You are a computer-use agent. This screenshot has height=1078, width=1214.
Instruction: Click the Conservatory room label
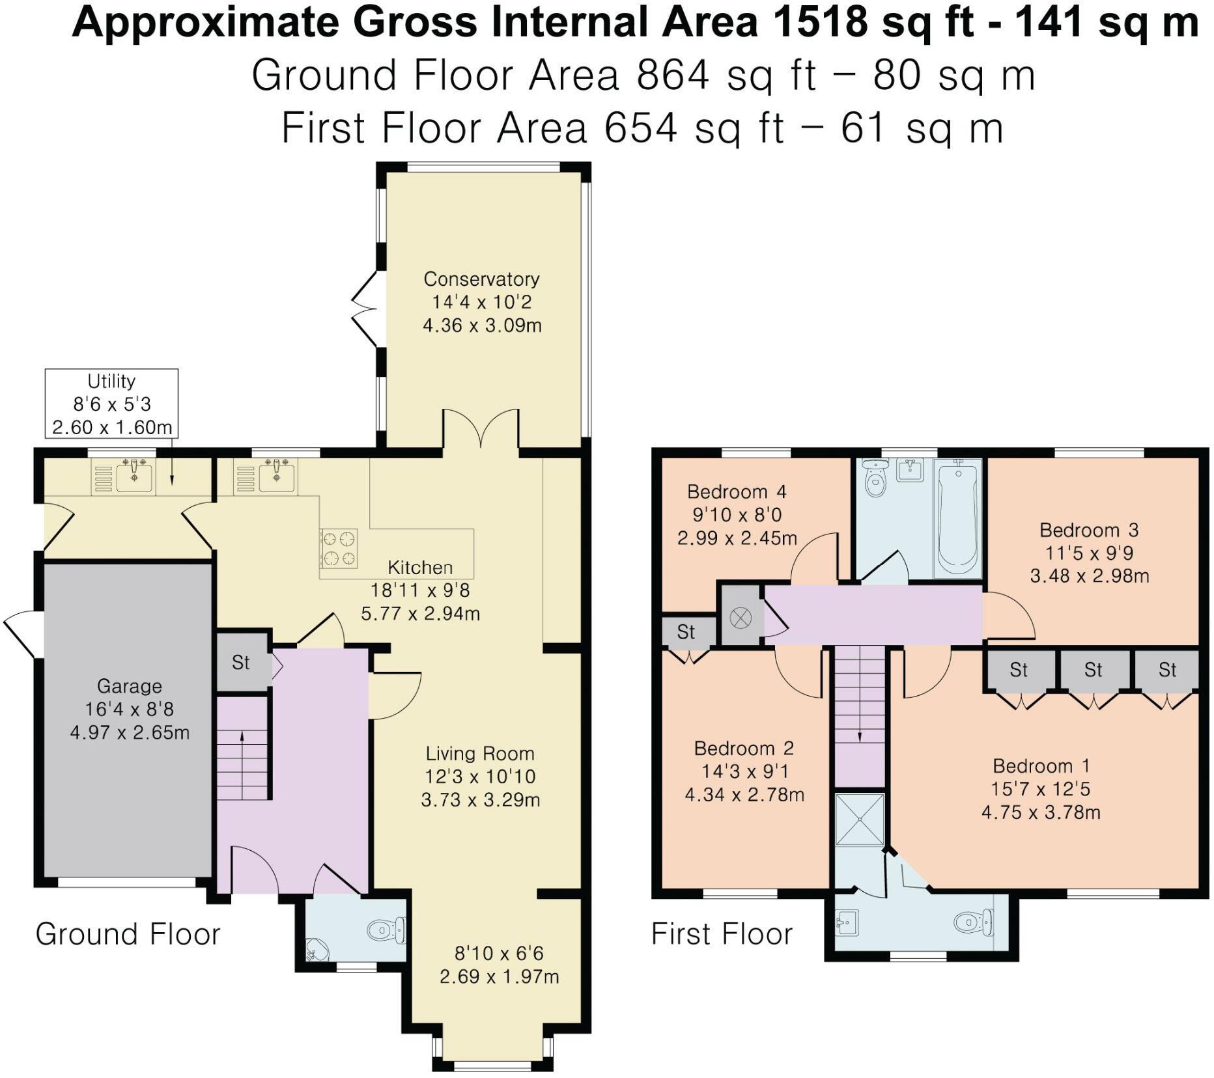click(x=481, y=279)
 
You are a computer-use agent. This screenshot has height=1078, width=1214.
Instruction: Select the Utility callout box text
click(x=111, y=404)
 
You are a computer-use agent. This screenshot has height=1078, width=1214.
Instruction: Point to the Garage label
click(x=129, y=686)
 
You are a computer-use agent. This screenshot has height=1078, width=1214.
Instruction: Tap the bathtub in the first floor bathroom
click(x=956, y=518)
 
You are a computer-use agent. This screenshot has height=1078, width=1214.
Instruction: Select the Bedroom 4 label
click(x=736, y=491)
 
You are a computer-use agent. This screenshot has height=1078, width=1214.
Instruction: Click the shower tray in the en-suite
click(x=860, y=819)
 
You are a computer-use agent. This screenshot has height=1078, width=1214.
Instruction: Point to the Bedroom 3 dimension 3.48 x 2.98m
click(x=1089, y=576)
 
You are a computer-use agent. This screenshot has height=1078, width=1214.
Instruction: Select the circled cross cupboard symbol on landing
click(x=741, y=617)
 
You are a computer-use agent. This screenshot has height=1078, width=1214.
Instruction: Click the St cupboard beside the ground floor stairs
click(x=241, y=663)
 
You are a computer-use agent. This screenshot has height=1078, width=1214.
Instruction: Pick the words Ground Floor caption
click(x=128, y=934)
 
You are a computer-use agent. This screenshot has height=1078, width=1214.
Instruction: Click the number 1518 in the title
click(x=819, y=23)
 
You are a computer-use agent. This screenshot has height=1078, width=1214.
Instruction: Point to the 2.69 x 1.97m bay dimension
click(x=499, y=976)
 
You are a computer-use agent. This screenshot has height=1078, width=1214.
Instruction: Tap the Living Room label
click(x=480, y=754)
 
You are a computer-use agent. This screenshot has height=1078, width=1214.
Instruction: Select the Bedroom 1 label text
click(x=1041, y=766)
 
